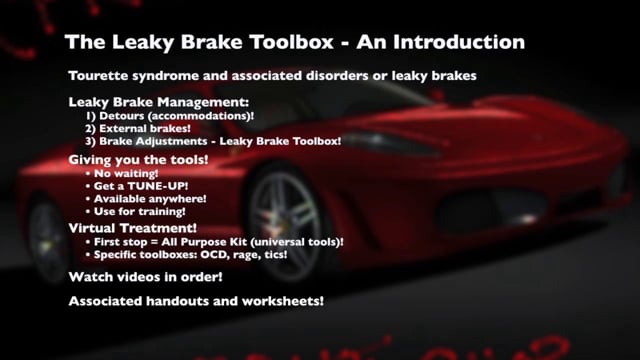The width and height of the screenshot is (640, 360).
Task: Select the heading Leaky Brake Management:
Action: [157, 103]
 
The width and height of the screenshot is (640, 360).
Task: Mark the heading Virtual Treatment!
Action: [132, 229]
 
